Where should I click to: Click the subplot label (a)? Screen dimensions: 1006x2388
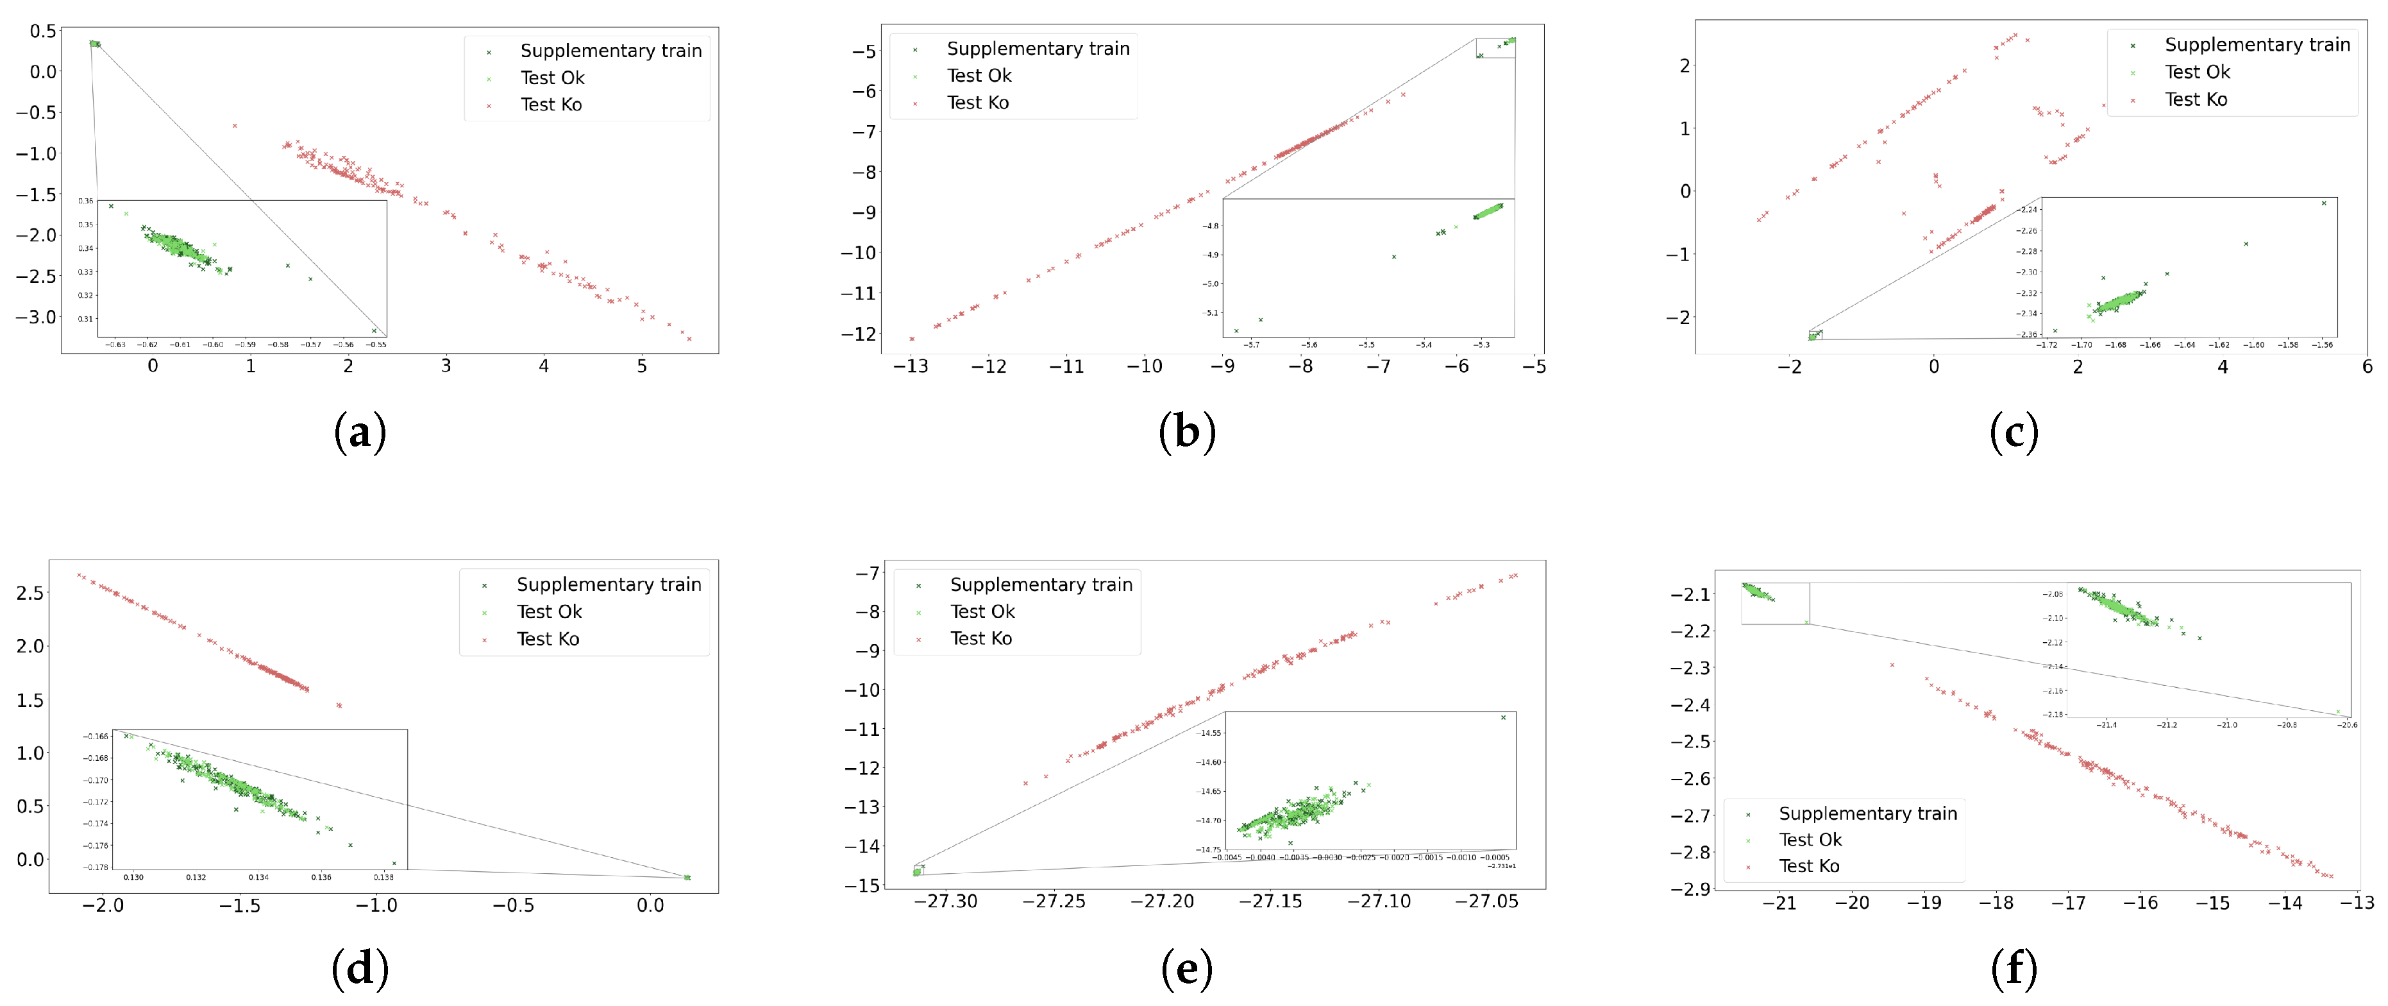pos(360,432)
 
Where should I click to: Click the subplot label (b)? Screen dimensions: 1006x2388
pos(1186,432)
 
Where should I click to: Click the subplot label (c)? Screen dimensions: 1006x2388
pos(2014,432)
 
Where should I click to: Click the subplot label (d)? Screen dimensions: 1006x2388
pos(360,969)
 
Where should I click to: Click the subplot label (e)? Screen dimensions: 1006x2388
pos(1186,969)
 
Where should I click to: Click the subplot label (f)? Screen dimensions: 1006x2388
pos(2014,969)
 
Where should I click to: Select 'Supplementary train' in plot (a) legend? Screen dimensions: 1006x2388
pos(610,51)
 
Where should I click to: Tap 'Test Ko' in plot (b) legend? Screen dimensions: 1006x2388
pos(977,103)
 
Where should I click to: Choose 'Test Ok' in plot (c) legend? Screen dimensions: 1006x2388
pos(2196,72)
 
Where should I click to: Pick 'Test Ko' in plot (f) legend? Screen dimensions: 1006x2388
pos(1808,866)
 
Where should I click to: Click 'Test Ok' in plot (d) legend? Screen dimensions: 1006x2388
pos(549,612)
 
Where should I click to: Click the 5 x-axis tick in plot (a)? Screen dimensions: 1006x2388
pos(641,366)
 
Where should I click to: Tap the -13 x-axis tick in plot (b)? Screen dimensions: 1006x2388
pos(911,366)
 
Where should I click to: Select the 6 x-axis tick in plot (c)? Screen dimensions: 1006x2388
pos(2367,367)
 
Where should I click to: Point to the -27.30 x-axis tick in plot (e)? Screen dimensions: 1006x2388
pos(946,902)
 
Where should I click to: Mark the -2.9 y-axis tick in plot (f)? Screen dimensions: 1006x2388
pos(1690,889)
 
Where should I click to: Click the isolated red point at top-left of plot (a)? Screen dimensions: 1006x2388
pos(235,125)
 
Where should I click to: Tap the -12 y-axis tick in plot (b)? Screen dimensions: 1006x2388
pos(857,334)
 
